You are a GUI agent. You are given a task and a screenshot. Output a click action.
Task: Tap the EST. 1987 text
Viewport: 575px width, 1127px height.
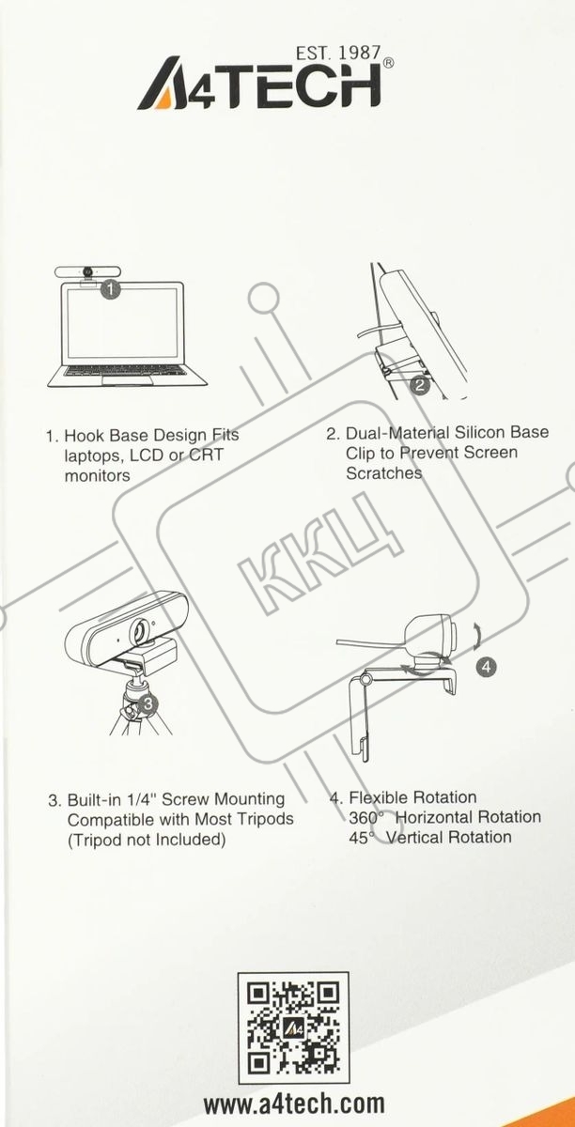coord(338,54)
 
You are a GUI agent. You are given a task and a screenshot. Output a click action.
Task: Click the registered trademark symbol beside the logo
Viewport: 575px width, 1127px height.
coord(389,63)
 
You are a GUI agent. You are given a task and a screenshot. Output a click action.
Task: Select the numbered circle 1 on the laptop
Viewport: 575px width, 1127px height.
coord(111,289)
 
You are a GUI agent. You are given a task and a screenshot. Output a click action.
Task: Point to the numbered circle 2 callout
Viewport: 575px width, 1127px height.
coord(420,385)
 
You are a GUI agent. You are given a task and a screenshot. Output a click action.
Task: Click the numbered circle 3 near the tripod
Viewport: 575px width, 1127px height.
coord(148,702)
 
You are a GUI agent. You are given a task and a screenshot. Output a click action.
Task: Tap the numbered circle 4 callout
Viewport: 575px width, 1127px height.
coord(486,667)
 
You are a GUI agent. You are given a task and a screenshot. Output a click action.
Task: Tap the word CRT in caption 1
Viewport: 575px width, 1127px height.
coord(206,455)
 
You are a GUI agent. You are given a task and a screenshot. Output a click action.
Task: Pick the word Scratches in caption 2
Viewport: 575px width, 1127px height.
coord(384,473)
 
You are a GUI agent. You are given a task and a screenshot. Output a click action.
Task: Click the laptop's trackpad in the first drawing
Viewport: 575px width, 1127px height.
coord(128,379)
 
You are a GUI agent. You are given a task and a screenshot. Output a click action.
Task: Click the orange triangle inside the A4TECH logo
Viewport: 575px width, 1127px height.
coord(163,100)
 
